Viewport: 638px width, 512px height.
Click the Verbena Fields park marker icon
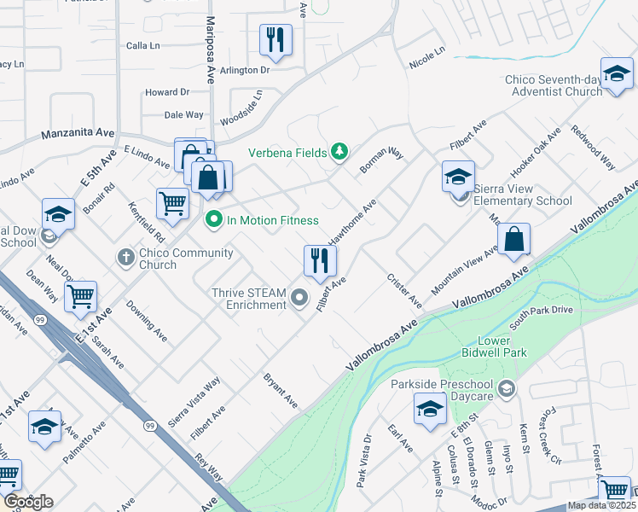click(x=340, y=152)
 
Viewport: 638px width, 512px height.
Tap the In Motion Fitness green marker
click(x=214, y=220)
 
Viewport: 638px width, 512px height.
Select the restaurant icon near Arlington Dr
click(x=275, y=39)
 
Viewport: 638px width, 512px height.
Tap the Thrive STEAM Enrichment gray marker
click(x=299, y=298)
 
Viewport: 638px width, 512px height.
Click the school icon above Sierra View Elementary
click(x=458, y=177)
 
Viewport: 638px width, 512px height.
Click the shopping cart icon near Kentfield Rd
click(x=172, y=204)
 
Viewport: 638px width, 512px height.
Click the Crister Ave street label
click(x=403, y=290)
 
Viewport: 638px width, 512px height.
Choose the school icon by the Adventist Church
click(x=616, y=74)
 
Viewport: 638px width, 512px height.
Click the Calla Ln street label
click(x=143, y=46)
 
